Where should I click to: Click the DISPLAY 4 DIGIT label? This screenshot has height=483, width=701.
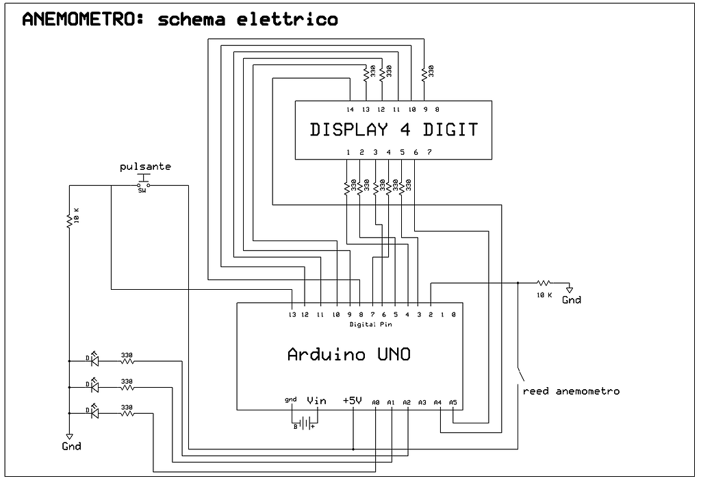[x=394, y=129]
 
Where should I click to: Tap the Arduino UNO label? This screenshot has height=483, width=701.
[x=349, y=354]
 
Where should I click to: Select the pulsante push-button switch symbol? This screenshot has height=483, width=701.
[x=143, y=184]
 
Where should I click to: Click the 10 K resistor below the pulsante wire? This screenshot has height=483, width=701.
[x=69, y=220]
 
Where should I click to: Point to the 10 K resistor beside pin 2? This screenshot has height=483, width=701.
[x=544, y=282]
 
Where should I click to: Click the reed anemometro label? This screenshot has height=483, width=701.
[x=571, y=391]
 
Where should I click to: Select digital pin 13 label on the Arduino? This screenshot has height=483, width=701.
[x=293, y=315]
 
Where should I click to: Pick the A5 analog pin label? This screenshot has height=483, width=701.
[x=453, y=402]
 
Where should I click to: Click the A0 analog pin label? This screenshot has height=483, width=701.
[x=376, y=402]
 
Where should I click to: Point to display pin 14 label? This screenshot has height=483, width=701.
[x=350, y=110]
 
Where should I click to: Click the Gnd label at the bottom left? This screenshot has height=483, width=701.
[x=71, y=446]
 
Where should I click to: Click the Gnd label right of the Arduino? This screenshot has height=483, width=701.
[x=571, y=299]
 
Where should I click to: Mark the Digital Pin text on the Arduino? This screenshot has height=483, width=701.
[x=371, y=324]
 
